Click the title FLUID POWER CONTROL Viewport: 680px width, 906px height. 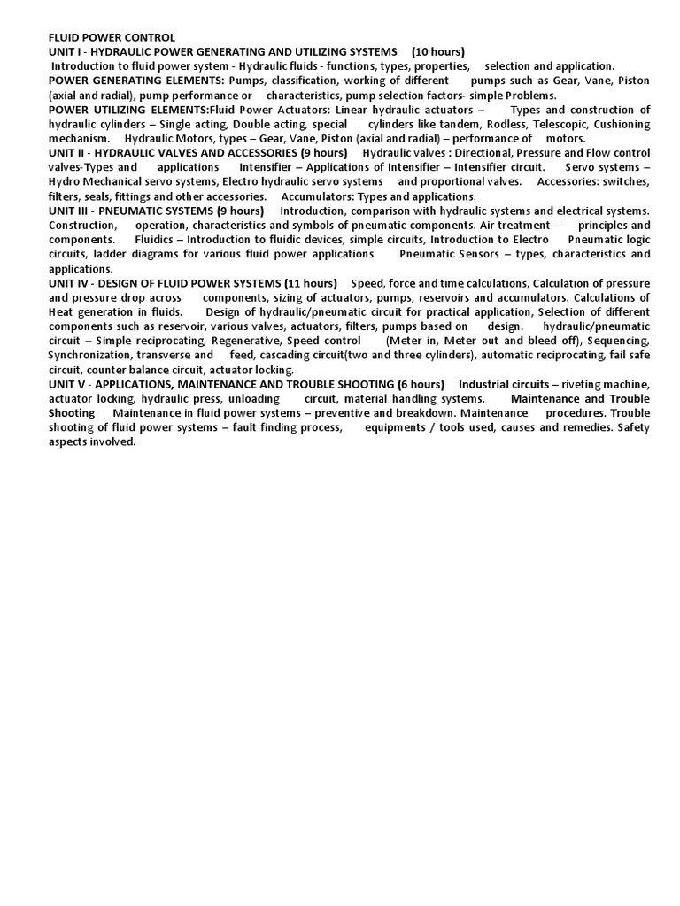[112, 37]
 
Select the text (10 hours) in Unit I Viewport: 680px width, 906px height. [438, 51]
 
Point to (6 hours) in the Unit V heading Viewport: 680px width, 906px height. [416, 384]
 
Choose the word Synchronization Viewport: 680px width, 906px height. [89, 355]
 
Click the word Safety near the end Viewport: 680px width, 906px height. [633, 427]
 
